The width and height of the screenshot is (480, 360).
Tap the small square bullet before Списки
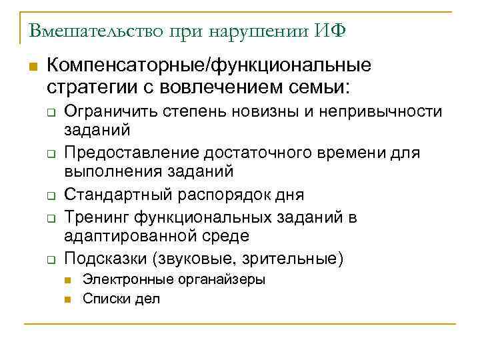click(x=69, y=299)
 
